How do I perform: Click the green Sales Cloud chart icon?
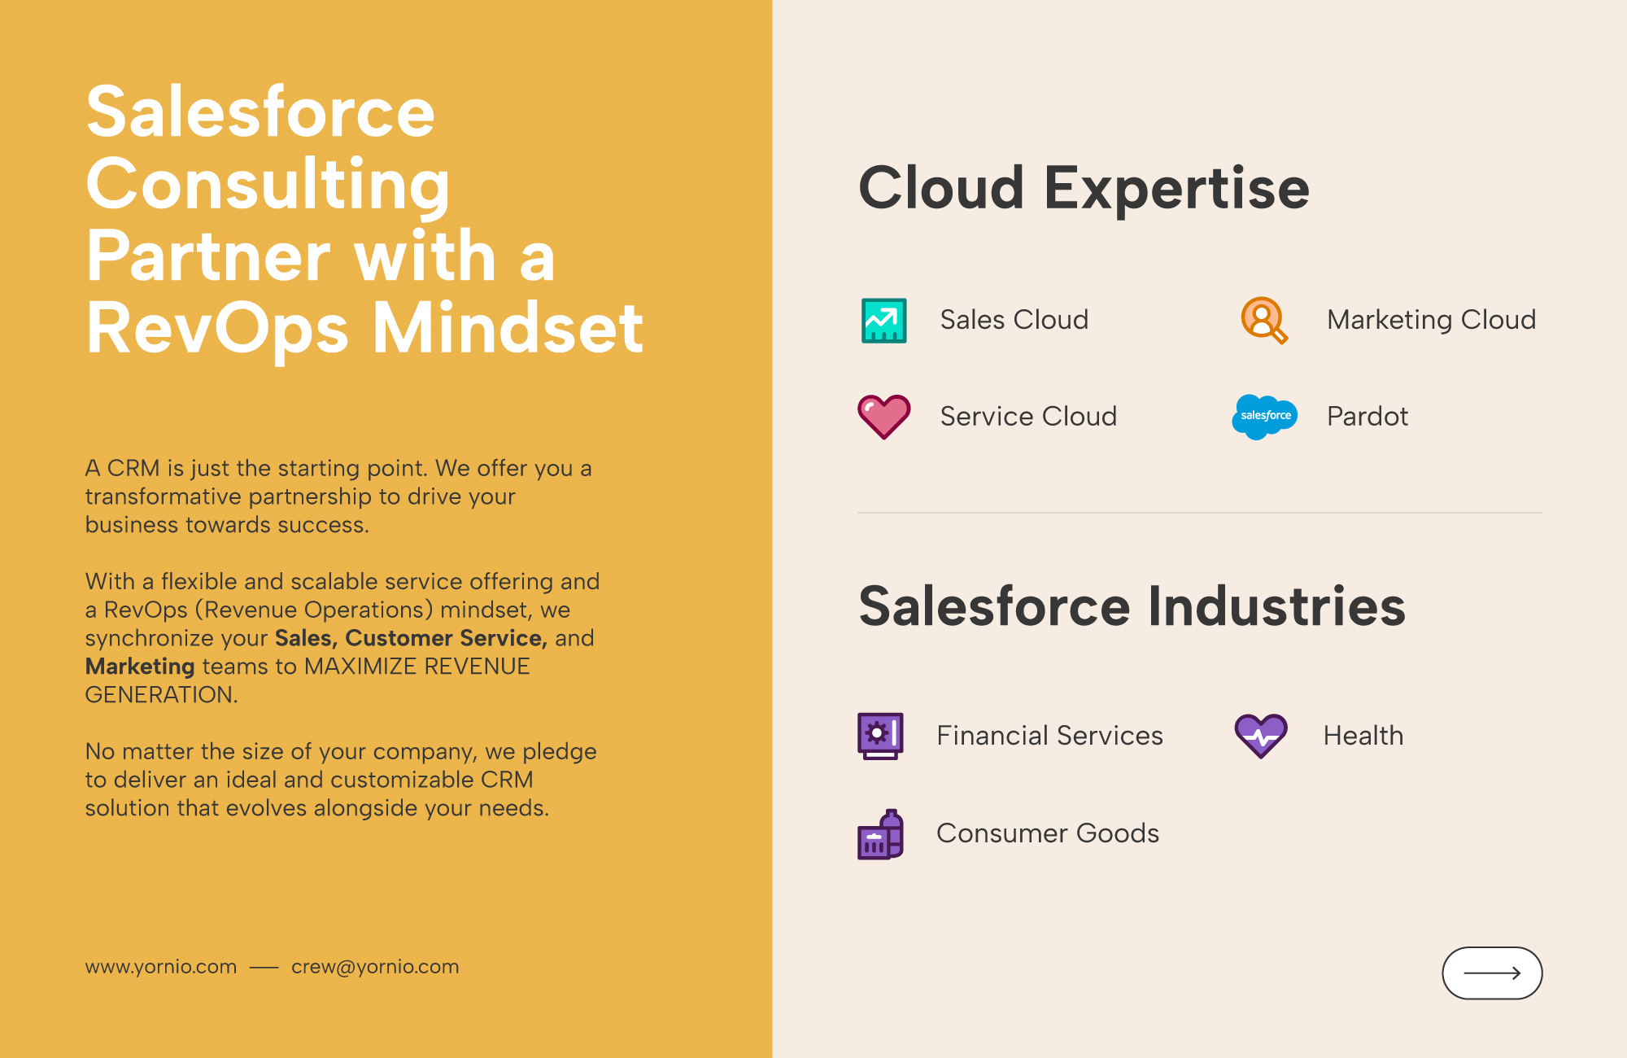tap(883, 321)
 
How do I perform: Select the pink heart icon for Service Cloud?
tap(884, 417)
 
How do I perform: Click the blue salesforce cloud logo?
tap(1265, 417)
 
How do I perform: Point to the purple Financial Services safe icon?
tap(880, 736)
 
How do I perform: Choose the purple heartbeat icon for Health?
tap(1261, 736)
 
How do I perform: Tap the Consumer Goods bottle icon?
tap(880, 834)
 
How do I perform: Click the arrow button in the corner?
tap(1492, 973)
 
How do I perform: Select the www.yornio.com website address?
tap(161, 967)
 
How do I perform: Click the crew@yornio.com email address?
tap(375, 967)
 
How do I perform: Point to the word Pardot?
tap(1367, 417)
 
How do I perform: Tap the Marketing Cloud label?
tap(1432, 320)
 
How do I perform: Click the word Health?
tap(1363, 736)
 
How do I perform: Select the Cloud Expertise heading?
tap(1084, 188)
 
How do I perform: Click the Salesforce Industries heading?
tap(1132, 606)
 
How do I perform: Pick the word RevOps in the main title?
tap(218, 329)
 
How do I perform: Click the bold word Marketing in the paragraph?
tap(140, 667)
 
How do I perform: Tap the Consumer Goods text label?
tap(1048, 833)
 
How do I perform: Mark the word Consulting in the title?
tap(268, 186)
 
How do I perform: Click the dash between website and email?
tap(264, 968)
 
